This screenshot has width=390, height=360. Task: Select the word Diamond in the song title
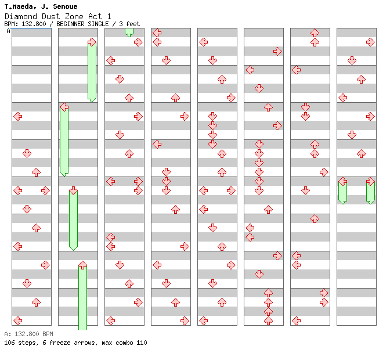coord(20,16)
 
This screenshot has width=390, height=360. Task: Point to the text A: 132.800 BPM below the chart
coord(28,334)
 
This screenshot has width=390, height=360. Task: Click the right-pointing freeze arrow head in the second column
coord(92,42)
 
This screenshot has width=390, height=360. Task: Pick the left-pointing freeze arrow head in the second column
coord(64,107)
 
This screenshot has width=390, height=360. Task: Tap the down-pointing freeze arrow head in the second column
coord(73,190)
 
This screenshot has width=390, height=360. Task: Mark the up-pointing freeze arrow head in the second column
coord(82,265)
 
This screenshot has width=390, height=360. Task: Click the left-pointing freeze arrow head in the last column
coord(342,181)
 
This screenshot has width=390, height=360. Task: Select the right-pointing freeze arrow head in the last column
coord(370,181)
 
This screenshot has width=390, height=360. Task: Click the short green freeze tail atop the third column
coord(129,32)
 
